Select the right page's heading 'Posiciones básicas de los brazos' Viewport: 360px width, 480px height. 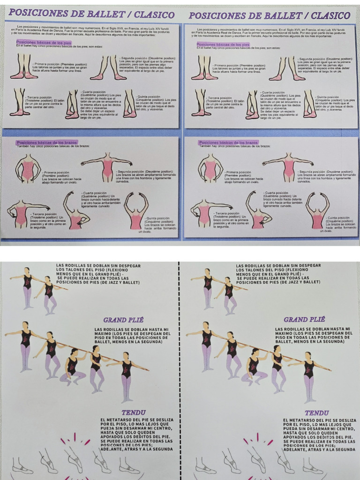228,142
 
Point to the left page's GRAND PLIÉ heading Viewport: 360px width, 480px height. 123,320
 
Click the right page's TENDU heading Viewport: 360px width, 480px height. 317,413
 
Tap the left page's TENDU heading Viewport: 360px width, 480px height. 134,412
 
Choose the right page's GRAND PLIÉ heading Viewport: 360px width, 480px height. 304,319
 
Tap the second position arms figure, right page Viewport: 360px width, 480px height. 287,166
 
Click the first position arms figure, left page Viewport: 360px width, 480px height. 28,168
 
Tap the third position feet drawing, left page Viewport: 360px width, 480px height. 19,102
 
